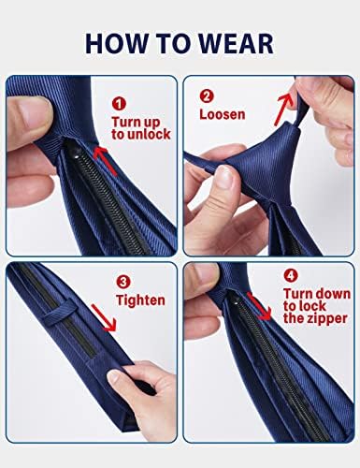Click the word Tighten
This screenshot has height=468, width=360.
(139, 301)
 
